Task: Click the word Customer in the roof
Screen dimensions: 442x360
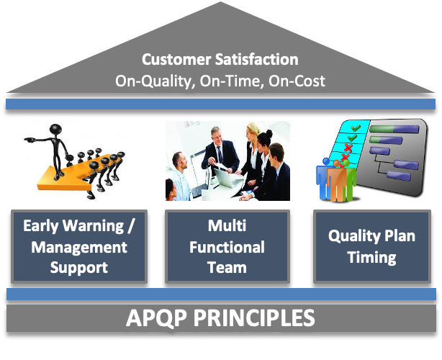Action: pos(176,60)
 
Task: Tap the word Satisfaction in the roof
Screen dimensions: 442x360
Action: pos(256,60)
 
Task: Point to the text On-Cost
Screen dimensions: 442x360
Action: pos(297,81)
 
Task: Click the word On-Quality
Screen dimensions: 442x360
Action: pos(155,82)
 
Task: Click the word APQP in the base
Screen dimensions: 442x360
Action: pos(156,318)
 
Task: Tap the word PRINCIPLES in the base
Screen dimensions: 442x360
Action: pos(254,318)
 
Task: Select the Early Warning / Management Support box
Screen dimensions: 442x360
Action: pos(79,246)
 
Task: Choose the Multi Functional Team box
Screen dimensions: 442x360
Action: pos(227,246)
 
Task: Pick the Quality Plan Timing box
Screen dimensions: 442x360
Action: pos(372,246)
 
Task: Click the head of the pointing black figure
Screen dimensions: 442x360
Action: pos(55,130)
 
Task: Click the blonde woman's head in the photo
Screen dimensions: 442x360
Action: pos(253,130)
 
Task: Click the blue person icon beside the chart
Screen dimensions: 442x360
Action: pos(323,178)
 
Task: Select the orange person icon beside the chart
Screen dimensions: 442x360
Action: pos(337,181)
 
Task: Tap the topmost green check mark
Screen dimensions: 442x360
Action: pos(356,128)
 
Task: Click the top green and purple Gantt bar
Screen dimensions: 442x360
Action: pos(394,129)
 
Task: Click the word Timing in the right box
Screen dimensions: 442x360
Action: pos(371,258)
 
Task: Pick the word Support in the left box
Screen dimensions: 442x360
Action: pos(79,268)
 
